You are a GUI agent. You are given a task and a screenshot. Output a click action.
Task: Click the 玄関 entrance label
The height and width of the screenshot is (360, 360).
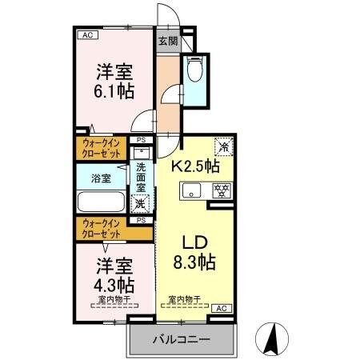pyautogui.click(x=167, y=42)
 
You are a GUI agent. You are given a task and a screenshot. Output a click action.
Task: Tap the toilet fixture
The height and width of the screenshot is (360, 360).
pyautogui.click(x=193, y=73)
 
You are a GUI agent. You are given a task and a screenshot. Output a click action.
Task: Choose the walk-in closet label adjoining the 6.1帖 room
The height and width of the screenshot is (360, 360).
pyautogui.click(x=102, y=148)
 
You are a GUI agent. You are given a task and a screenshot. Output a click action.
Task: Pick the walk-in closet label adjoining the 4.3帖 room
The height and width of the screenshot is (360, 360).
pyautogui.click(x=102, y=228)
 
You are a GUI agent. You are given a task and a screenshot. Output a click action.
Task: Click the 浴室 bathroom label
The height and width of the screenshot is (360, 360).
pyautogui.click(x=100, y=178)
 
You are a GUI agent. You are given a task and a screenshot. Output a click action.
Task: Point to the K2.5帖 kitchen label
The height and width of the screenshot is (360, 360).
pyautogui.click(x=197, y=167)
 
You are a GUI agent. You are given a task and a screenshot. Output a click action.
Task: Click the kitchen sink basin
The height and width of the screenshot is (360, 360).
pyautogui.click(x=191, y=190)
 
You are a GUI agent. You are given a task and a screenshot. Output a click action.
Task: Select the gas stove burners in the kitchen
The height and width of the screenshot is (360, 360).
pyautogui.click(x=222, y=190)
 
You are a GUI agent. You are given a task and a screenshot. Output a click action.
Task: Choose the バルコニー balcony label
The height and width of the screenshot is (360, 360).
pyautogui.click(x=181, y=339)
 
